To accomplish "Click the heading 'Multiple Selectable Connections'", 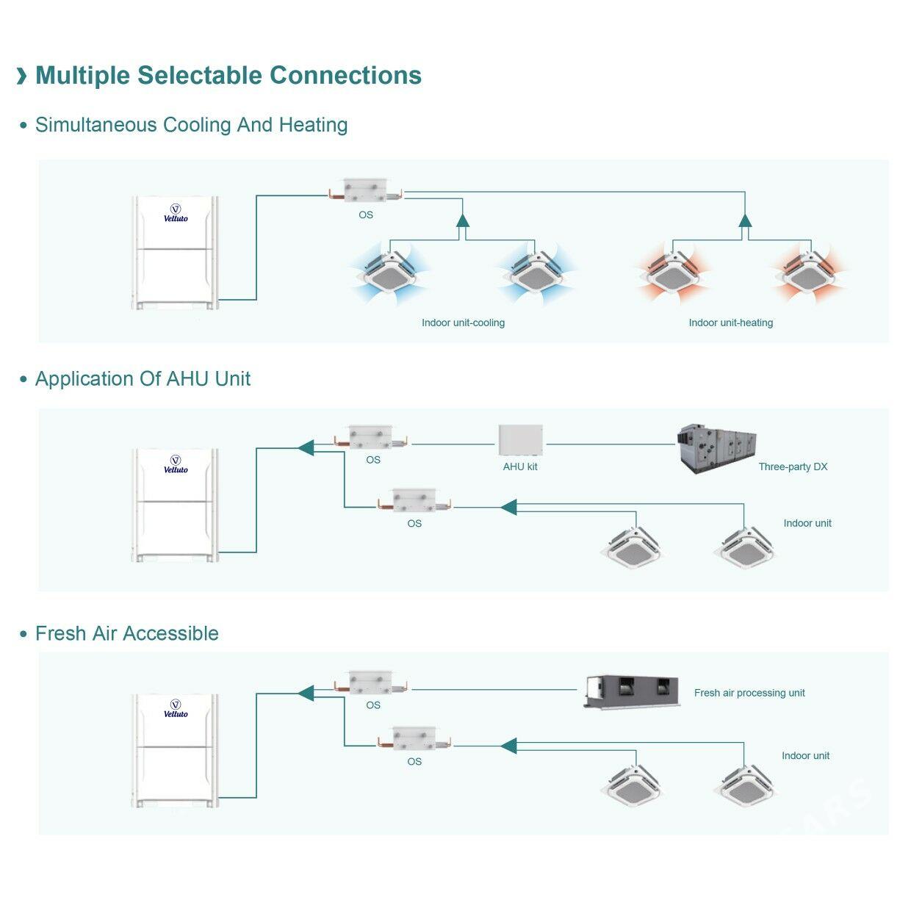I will (228, 76).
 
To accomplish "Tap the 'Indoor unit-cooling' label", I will (463, 323).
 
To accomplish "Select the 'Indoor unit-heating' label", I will (730, 323).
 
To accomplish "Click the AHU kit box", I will (520, 440).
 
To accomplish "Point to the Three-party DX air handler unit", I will (716, 447).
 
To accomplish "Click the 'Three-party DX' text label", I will (793, 467).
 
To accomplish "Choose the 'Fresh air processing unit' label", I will (749, 693).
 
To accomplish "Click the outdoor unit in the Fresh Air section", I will (176, 750).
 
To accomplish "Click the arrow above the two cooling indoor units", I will (462, 220).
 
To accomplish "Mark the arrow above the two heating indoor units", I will (745, 220).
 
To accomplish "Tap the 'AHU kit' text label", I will (520, 467).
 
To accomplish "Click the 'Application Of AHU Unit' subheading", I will (143, 379).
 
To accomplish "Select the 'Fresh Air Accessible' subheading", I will (126, 633).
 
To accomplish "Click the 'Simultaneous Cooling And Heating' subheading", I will (191, 125).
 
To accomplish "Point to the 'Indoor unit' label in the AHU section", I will (807, 523).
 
